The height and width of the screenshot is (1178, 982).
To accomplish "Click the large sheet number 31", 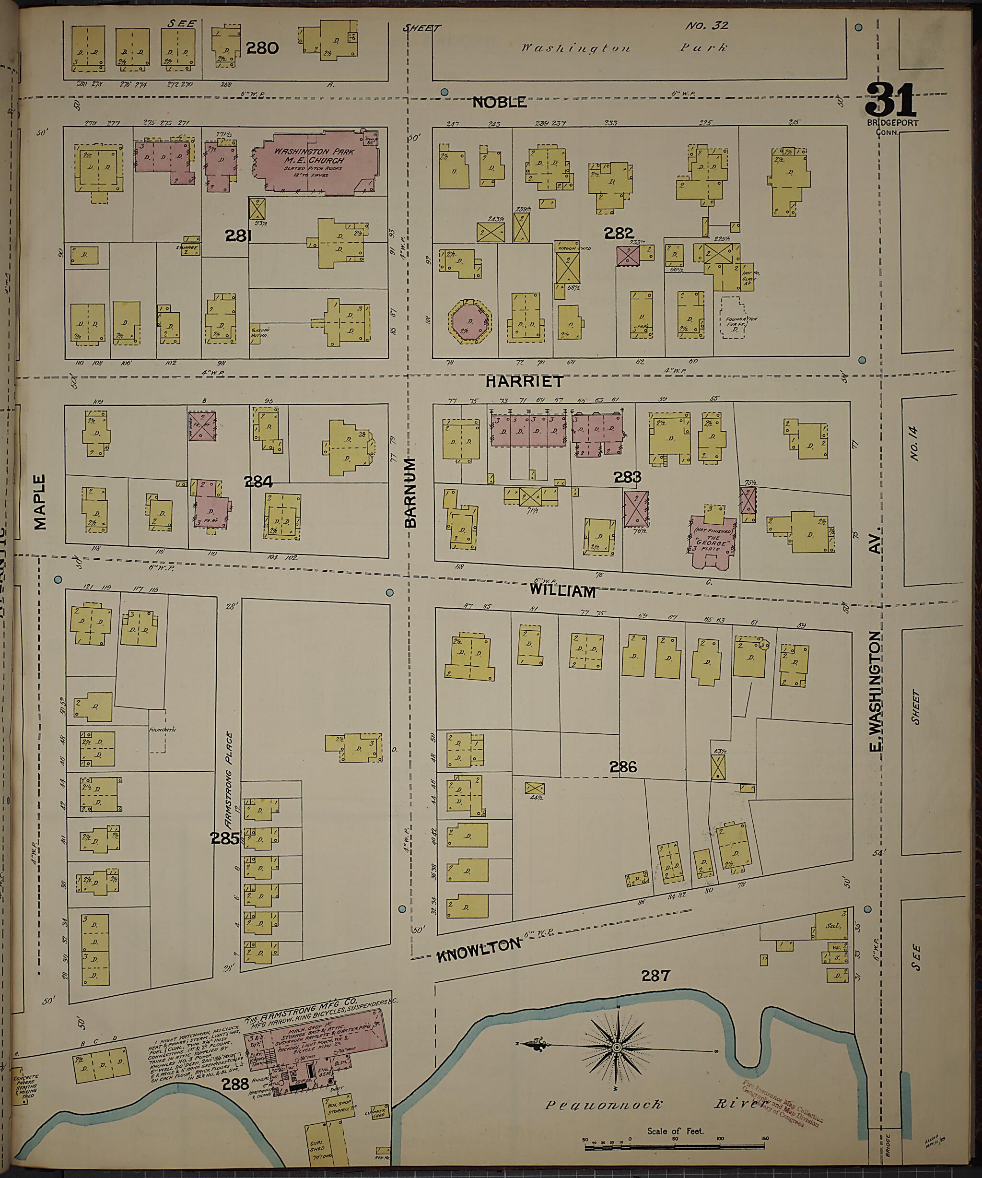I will pyautogui.click(x=890, y=100).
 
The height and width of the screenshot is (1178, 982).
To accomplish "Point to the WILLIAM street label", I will pyautogui.click(x=562, y=591).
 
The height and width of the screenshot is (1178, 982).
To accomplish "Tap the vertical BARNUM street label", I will pyautogui.click(x=410, y=493).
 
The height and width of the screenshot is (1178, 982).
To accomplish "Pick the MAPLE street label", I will pyautogui.click(x=40, y=502).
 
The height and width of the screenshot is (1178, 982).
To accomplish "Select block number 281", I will pyautogui.click(x=238, y=236).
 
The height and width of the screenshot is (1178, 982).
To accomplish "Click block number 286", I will pyautogui.click(x=624, y=766).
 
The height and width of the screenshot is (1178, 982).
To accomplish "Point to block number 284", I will pyautogui.click(x=258, y=481).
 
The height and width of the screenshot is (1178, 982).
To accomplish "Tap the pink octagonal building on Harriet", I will pyautogui.click(x=470, y=321).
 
